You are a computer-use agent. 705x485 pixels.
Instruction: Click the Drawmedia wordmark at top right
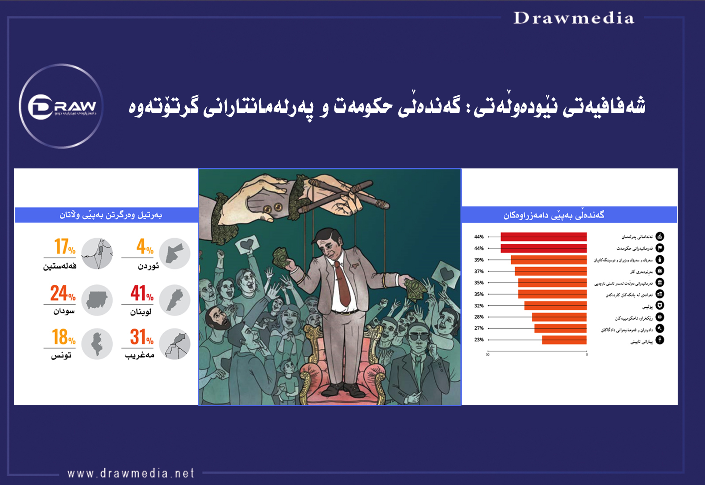pyautogui.click(x=574, y=18)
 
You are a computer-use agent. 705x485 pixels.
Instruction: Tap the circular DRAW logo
pyautogui.click(x=61, y=106)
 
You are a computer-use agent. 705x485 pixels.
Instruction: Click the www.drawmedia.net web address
pyautogui.click(x=131, y=474)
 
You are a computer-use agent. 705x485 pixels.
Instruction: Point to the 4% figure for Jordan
pyautogui.click(x=145, y=246)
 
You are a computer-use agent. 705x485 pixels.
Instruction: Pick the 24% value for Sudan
pyautogui.click(x=63, y=293)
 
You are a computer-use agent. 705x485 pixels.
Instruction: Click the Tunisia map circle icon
pyautogui.click(x=97, y=344)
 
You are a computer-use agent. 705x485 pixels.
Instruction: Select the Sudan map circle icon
pyautogui.click(x=97, y=300)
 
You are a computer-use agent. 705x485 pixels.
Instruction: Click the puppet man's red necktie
pyautogui.click(x=342, y=282)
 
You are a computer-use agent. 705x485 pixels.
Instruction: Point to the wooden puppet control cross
pyautogui.click(x=348, y=194)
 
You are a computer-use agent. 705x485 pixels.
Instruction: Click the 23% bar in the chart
pyautogui.click(x=564, y=340)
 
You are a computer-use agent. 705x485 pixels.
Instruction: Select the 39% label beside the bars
pyautogui.click(x=479, y=260)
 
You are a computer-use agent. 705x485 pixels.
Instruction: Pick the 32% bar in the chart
pyautogui.click(x=555, y=306)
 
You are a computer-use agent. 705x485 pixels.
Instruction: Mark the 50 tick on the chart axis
pyautogui.click(x=488, y=354)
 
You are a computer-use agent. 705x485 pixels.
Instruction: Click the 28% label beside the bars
pyautogui.click(x=479, y=317)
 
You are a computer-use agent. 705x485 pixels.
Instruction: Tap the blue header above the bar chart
pyautogui.click(x=568, y=215)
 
